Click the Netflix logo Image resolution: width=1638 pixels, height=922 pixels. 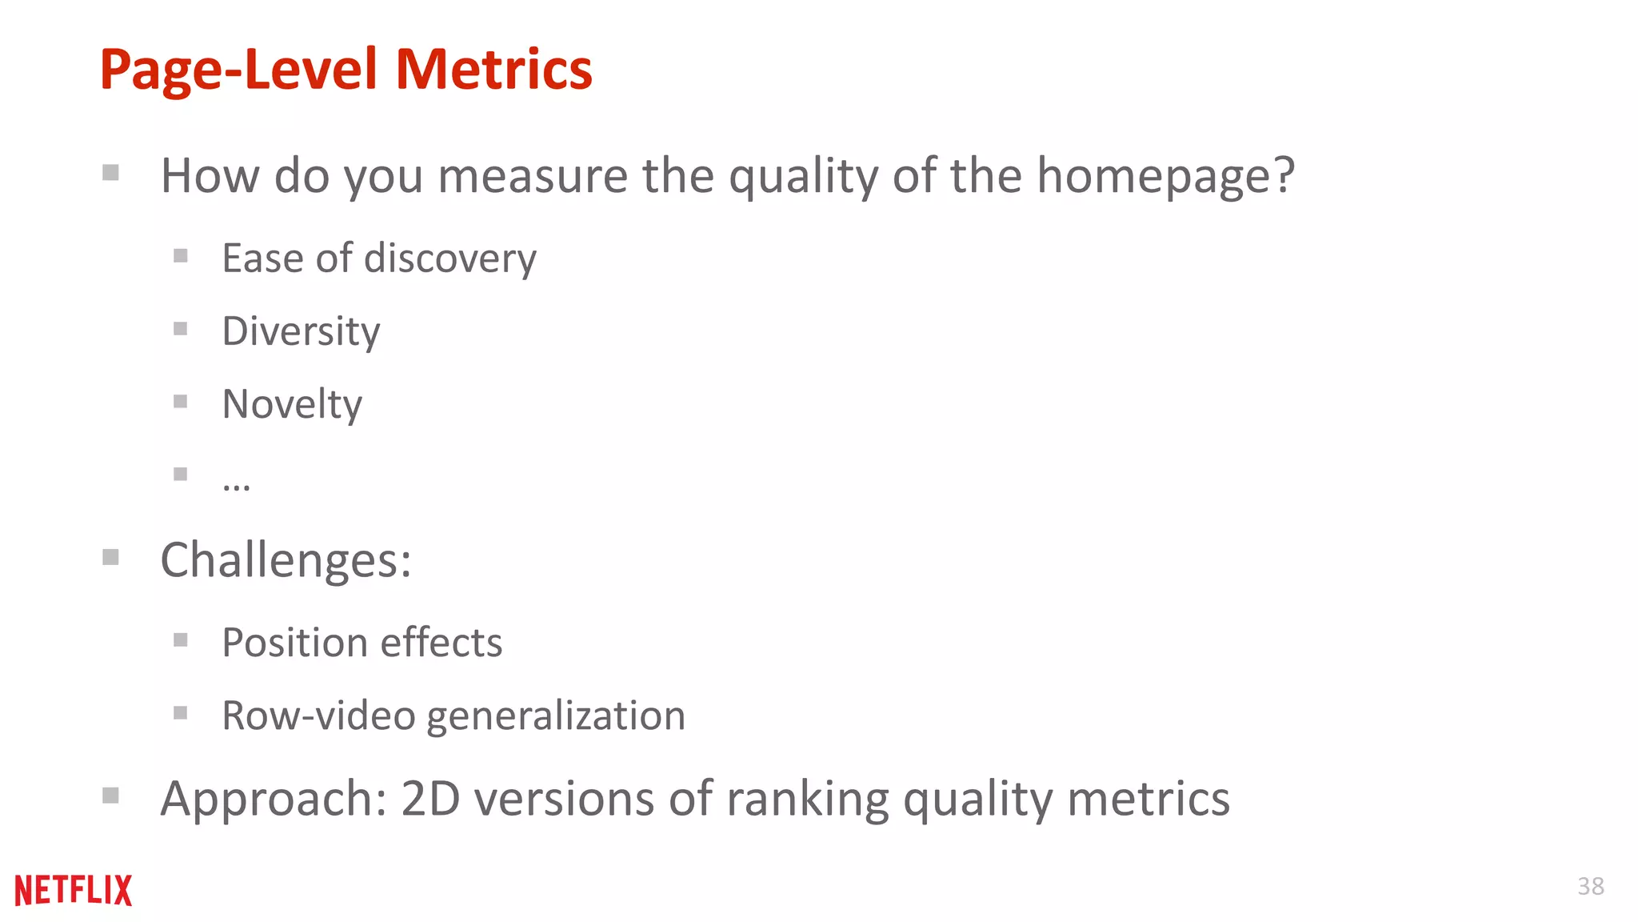pyautogui.click(x=73, y=890)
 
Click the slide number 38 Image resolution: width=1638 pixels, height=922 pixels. pyautogui.click(x=1590, y=886)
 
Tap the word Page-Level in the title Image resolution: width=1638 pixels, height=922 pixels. pyautogui.click(x=238, y=70)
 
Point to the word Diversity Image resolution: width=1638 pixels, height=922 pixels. pyautogui.click(x=301, y=331)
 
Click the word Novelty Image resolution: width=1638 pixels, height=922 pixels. pyautogui.click(x=292, y=404)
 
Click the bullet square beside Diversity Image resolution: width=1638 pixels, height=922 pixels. pyautogui.click(x=181, y=329)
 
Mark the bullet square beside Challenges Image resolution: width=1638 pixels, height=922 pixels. pyautogui.click(x=111, y=557)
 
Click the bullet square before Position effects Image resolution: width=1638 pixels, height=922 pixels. pyautogui.click(x=181, y=640)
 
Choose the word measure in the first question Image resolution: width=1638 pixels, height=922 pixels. pyautogui.click(x=533, y=176)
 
